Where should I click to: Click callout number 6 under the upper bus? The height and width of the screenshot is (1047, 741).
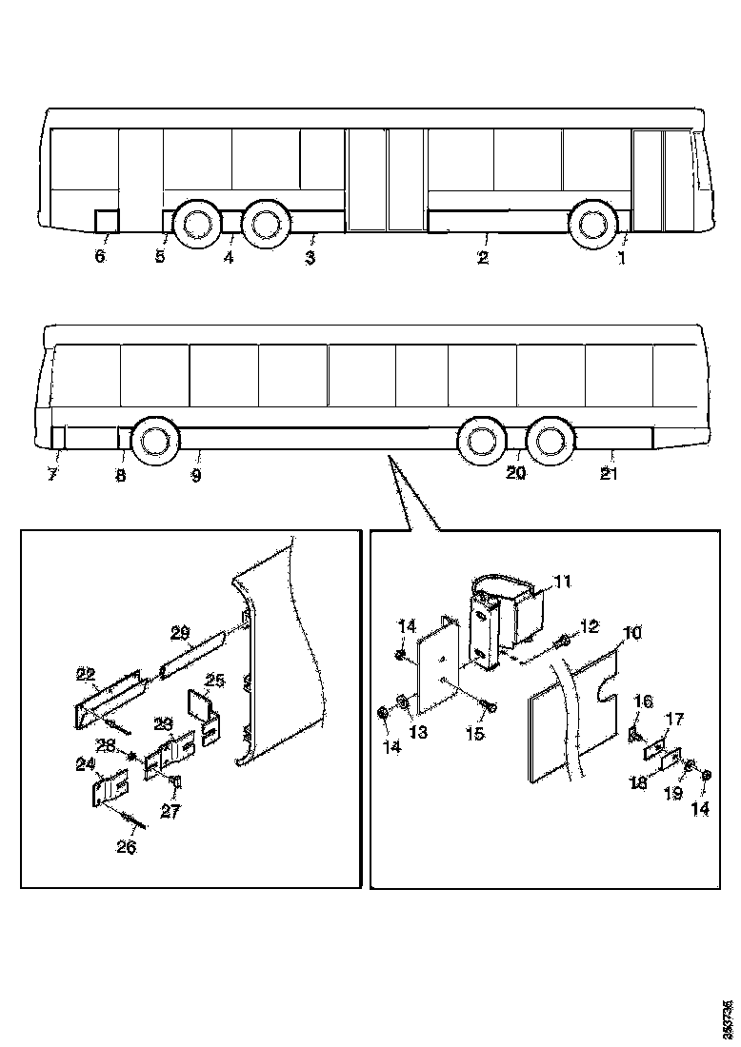point(100,257)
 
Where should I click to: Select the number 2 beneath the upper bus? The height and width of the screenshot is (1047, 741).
point(483,257)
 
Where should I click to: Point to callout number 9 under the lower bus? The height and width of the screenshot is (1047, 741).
point(195,475)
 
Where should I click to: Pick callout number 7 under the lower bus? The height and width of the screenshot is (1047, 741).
point(53,474)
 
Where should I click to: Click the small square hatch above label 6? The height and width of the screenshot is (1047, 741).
point(106,220)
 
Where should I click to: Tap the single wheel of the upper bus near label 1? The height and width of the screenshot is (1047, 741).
point(593,224)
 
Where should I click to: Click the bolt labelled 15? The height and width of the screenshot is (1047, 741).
point(491,706)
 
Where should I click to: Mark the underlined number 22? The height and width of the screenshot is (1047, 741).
point(86,675)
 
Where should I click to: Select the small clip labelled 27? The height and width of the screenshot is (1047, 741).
point(176,783)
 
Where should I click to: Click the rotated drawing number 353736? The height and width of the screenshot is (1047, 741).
point(729,1019)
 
